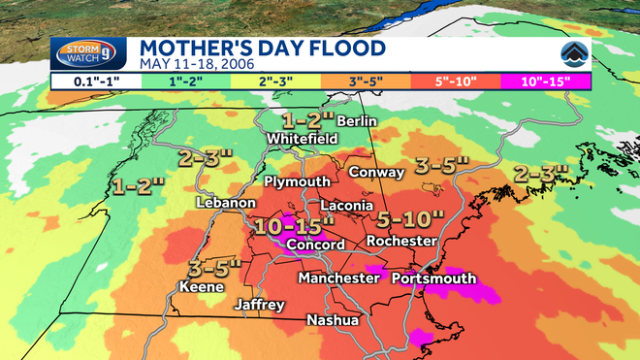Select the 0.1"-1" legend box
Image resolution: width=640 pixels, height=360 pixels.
93,81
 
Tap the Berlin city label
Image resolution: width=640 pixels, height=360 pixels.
356,120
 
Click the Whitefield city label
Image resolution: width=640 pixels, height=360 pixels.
303,140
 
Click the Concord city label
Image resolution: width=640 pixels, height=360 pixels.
315,245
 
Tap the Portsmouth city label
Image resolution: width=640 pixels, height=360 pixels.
434,278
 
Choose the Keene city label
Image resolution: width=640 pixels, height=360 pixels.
200,287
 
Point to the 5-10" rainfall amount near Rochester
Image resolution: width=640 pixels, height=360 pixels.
410,216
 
